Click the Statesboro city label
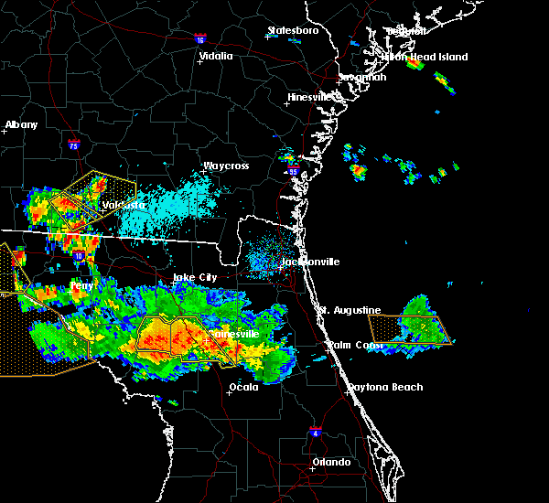[x=293, y=30]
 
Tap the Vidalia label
[x=216, y=56]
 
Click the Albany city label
[x=22, y=124]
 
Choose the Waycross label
[x=226, y=166]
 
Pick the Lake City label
[x=196, y=276]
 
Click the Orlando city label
[x=331, y=462]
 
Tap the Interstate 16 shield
[x=200, y=39]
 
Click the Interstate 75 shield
[x=73, y=144]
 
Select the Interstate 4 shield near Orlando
[x=315, y=430]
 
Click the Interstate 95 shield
[x=293, y=171]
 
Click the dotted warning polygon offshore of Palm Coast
[x=409, y=328]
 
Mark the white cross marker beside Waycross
[x=203, y=171]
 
